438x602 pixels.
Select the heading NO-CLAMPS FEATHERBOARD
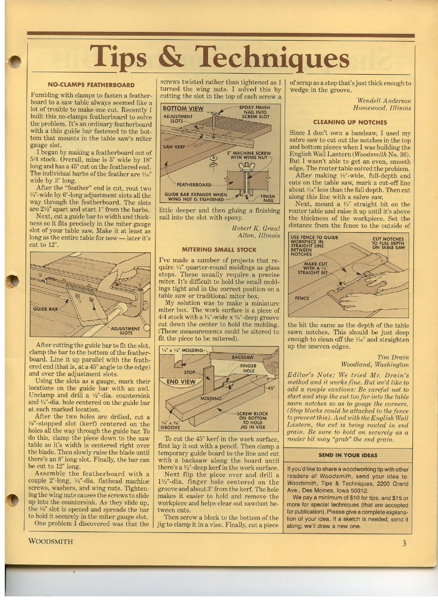point(91,85)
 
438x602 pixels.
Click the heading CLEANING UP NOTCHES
point(350,123)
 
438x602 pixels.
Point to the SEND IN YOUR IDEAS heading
point(347,455)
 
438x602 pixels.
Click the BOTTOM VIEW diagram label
point(183,109)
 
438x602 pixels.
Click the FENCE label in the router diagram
point(301,299)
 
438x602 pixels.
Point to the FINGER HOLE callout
point(249,368)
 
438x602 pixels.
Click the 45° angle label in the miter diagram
point(272,388)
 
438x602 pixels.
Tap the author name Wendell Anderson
point(384,101)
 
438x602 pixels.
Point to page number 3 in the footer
point(405,543)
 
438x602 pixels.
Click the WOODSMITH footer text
point(50,541)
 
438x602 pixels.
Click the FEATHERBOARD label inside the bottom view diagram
point(195,184)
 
